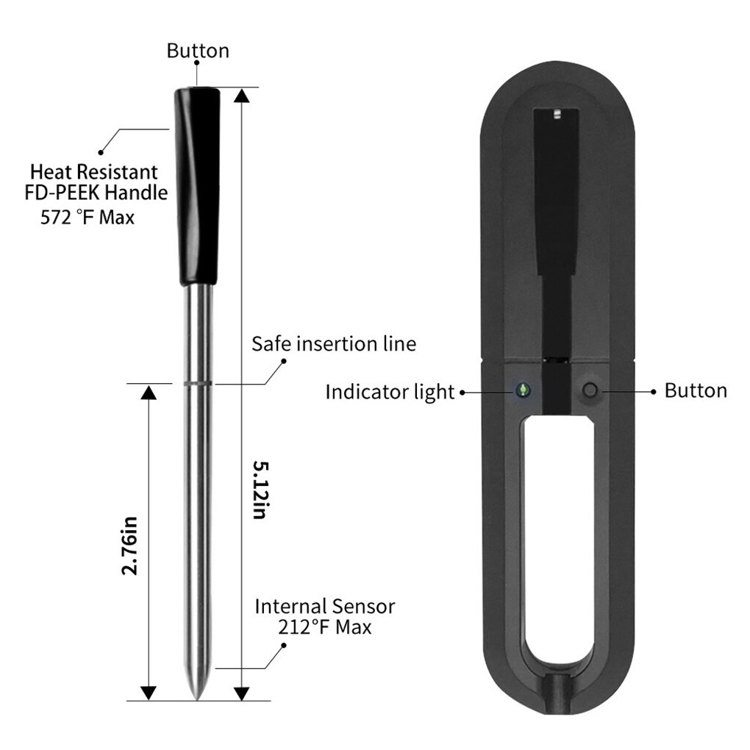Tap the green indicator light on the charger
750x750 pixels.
click(524, 390)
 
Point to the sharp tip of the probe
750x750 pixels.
click(196, 694)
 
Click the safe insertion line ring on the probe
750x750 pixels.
click(196, 383)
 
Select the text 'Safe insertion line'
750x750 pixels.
click(334, 343)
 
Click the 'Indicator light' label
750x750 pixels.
click(390, 392)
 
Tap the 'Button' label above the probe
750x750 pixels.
click(198, 51)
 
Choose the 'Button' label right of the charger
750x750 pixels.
click(695, 390)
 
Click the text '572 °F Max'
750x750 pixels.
click(87, 218)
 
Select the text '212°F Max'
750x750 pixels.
click(324, 627)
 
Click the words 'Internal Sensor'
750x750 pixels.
click(324, 607)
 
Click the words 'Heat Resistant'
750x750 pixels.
click(93, 173)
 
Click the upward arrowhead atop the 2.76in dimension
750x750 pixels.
click(148, 393)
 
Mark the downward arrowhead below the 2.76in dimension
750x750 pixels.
click(148, 692)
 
